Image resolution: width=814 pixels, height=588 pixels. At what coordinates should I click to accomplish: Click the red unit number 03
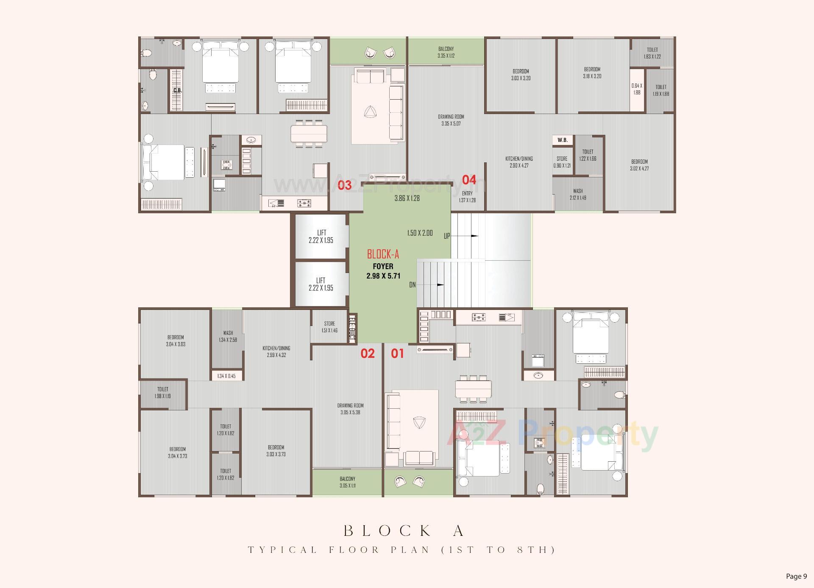pos(344,185)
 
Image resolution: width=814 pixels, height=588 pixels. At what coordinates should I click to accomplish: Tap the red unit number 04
pos(469,180)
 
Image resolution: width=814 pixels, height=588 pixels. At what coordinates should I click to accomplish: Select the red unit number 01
pos(397,353)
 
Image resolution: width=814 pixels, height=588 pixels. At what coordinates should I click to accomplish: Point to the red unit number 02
pos(368,353)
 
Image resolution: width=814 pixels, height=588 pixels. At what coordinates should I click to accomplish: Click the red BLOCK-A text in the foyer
pos(383,254)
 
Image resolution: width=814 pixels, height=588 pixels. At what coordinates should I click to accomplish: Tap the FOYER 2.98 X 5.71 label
pos(383,271)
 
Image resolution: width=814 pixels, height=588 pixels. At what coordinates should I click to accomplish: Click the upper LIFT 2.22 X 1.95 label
pos(321,237)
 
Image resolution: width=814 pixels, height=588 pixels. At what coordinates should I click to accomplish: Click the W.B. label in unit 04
pos(563,140)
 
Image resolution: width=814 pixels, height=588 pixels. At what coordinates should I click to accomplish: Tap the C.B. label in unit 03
pos(177,90)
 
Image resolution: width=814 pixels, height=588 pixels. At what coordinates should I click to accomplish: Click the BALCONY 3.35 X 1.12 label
pos(446,52)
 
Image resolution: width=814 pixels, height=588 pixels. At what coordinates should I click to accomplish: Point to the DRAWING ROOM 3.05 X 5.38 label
pos(350,409)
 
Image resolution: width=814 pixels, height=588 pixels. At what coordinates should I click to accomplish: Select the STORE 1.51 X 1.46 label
pos(329,327)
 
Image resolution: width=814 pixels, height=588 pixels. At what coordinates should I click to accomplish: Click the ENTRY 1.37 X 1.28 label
pos(467,197)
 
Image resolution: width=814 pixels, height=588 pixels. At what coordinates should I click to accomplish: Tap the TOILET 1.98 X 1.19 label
pos(163,393)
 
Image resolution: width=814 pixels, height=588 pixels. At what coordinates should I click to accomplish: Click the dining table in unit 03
pos(309,134)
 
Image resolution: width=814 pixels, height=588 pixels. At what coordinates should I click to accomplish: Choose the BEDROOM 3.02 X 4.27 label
pos(639,165)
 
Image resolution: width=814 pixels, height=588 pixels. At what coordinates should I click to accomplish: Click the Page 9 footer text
pos(796,576)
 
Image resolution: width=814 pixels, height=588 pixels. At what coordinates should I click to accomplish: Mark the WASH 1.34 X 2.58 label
pos(228,336)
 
